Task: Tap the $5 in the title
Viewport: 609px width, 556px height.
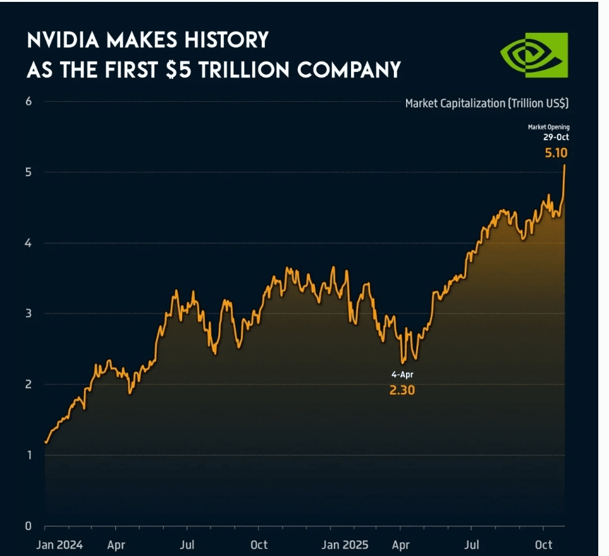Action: point(178,69)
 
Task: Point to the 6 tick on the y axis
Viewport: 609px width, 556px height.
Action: point(29,102)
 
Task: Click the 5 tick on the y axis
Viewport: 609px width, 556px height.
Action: point(29,172)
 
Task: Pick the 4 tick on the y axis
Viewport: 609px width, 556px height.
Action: point(29,243)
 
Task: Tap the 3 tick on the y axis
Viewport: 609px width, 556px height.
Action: point(29,314)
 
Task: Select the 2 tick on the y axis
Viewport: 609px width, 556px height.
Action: point(29,385)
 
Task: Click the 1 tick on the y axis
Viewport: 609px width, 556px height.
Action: point(29,456)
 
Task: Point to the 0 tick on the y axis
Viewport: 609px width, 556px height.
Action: point(29,526)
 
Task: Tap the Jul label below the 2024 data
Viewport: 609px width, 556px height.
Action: point(187,545)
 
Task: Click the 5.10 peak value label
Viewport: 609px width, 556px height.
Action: point(556,152)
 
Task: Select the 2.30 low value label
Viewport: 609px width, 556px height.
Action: point(402,390)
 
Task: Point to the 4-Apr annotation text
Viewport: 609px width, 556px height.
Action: point(402,375)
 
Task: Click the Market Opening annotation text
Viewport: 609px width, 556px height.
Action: point(548,128)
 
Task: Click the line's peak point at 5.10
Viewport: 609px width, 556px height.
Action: point(564,166)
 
